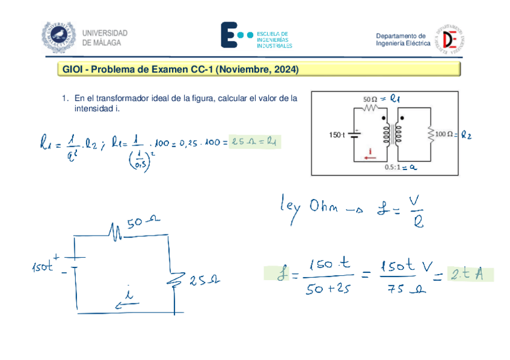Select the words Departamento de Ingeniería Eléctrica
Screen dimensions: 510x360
point(403,40)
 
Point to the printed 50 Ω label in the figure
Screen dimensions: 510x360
point(370,98)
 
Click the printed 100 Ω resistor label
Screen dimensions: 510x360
point(444,134)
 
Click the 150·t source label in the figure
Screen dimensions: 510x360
point(337,135)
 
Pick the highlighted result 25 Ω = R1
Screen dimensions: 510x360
point(255,142)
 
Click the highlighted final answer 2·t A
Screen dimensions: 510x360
point(470,275)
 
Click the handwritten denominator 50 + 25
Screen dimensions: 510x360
point(327,290)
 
